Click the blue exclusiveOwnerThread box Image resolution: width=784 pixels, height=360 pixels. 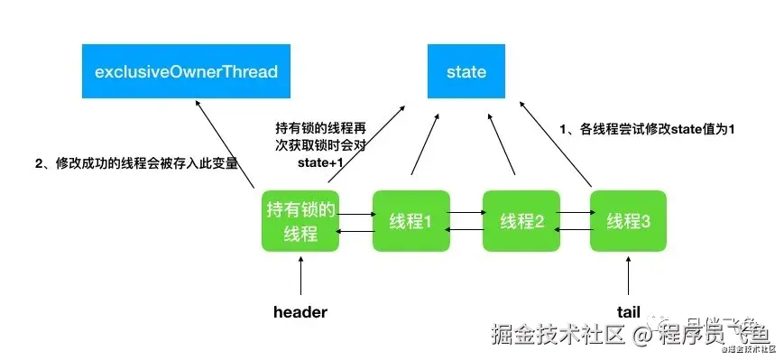click(x=186, y=70)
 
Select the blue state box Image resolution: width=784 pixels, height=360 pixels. click(x=466, y=70)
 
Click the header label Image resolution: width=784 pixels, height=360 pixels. click(x=300, y=312)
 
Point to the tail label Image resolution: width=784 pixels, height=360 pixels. click(x=628, y=312)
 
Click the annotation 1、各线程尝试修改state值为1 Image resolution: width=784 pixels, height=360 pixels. click(x=648, y=129)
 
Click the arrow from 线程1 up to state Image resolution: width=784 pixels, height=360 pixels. click(x=426, y=143)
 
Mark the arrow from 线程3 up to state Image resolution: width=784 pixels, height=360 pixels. click(x=575, y=143)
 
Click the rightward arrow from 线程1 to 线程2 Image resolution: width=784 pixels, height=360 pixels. click(x=466, y=213)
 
